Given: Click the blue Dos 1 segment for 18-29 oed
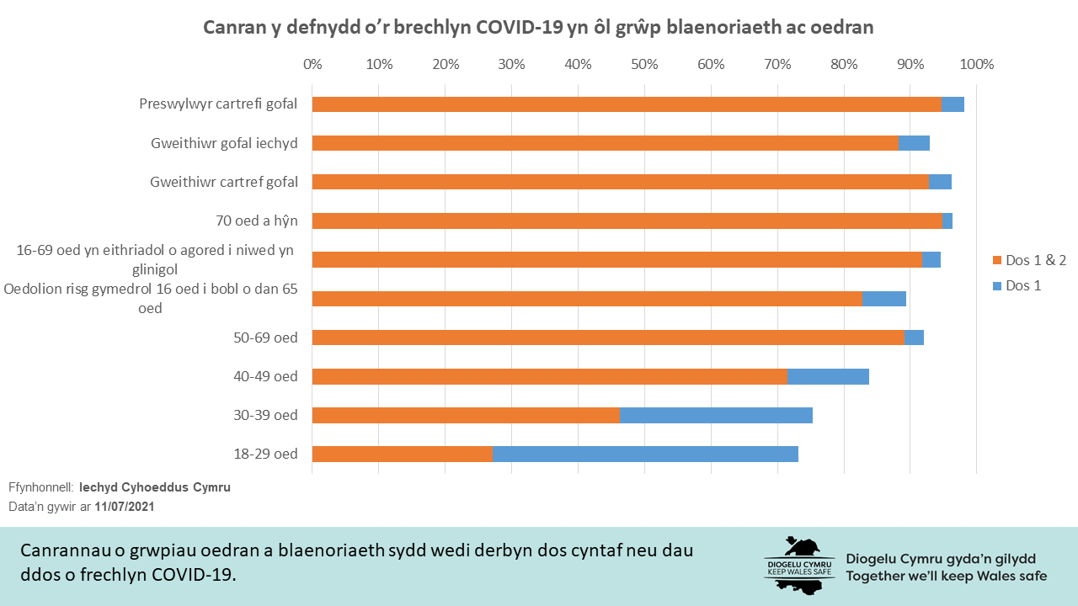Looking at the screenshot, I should point(645,454).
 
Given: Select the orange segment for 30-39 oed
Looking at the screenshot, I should point(466,415).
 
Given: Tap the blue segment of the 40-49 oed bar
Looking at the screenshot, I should point(828,376).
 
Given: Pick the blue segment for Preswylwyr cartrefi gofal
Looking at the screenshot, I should point(953,104).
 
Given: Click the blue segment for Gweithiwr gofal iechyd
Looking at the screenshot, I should point(915,143).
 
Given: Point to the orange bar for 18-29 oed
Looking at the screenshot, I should point(403,454).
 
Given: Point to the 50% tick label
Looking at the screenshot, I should point(644,64).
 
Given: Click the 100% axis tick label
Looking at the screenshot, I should point(977,64).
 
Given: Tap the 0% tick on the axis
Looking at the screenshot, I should point(312,64).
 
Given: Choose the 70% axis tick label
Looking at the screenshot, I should point(777,64).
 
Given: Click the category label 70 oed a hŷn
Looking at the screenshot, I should point(257,221).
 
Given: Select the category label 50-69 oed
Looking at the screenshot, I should point(265,338).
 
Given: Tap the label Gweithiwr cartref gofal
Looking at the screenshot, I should point(224,182).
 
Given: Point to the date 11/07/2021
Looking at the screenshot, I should point(125,508).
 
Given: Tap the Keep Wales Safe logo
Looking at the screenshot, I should point(799,564).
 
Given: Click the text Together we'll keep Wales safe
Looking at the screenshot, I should point(947,577).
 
